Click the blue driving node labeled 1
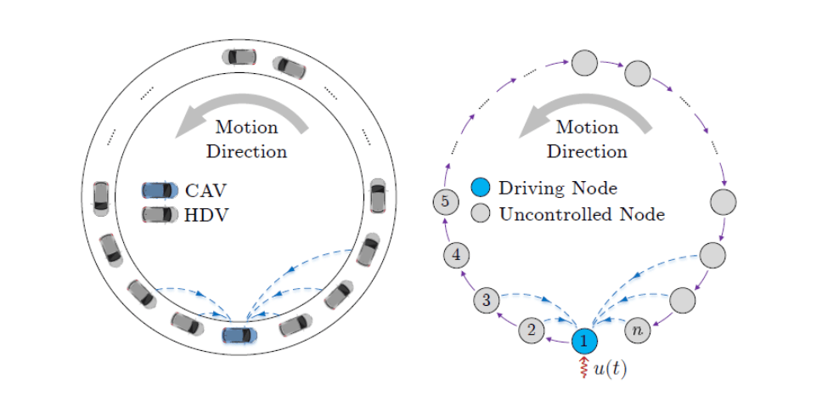click(x=584, y=341)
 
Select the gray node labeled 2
click(x=532, y=330)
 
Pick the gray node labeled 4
click(x=457, y=254)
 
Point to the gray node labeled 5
click(x=445, y=202)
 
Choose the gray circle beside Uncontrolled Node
click(x=481, y=213)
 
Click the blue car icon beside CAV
click(x=160, y=190)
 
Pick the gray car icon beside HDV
click(x=160, y=214)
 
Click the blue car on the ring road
click(x=239, y=335)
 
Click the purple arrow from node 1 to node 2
click(x=557, y=338)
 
